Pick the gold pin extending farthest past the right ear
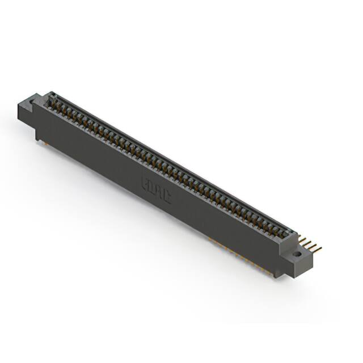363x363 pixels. click(x=319, y=249)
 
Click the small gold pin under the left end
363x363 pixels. click(x=41, y=142)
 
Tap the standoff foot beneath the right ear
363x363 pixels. click(x=278, y=275)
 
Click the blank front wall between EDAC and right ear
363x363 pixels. click(x=227, y=227)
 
